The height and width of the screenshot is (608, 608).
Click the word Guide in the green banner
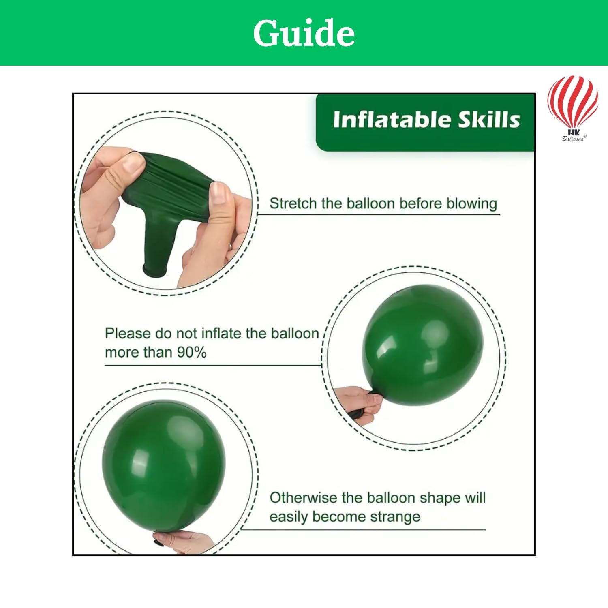point(304,33)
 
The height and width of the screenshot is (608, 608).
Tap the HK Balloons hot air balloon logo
point(573,108)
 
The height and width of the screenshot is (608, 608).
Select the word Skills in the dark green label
point(489,120)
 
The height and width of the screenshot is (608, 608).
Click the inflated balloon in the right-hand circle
point(422,345)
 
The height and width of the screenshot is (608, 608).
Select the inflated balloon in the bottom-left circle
point(163,466)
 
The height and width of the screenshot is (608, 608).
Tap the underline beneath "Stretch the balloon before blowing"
point(379,214)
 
